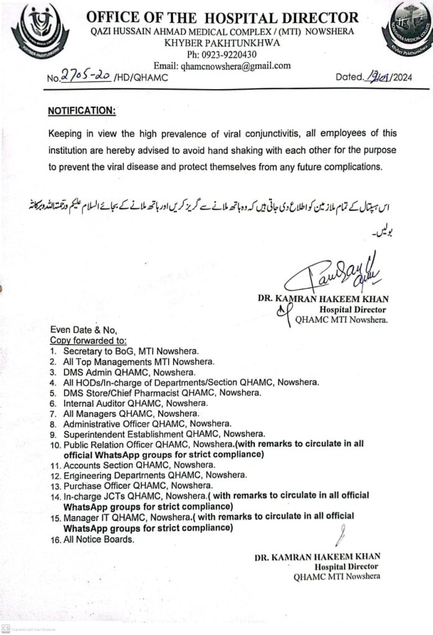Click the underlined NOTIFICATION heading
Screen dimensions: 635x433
81,111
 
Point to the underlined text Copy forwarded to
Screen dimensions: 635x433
87,340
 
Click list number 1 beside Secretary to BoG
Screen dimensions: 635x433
53,351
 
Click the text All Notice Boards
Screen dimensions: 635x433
98,540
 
